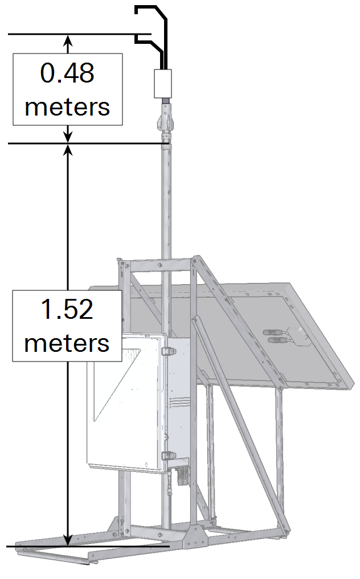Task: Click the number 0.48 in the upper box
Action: (67, 73)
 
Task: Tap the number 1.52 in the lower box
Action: (67, 309)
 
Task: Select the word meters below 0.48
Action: (67, 107)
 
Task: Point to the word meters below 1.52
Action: (67, 343)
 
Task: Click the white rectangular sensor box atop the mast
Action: (163, 84)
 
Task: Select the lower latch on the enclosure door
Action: (168, 455)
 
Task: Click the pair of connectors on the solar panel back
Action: (275, 336)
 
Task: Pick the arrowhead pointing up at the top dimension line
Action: (68, 40)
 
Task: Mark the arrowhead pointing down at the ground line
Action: (68, 540)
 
